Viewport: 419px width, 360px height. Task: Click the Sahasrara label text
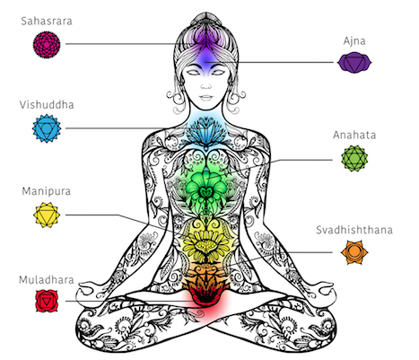click(47, 22)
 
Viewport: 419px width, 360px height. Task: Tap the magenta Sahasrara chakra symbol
click(47, 44)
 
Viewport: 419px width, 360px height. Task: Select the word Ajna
click(354, 41)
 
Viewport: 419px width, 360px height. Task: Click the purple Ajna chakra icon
click(354, 63)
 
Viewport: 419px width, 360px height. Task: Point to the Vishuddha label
click(47, 105)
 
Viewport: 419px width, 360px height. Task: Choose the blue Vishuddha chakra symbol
click(47, 128)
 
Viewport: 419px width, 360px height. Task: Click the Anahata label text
click(354, 136)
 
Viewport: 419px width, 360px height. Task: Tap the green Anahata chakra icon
click(354, 158)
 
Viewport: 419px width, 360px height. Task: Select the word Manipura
click(47, 191)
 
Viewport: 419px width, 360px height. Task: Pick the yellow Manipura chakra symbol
click(47, 215)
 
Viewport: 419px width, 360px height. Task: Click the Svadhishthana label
click(354, 230)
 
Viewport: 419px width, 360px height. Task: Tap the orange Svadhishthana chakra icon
click(354, 252)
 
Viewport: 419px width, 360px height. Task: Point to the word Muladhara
click(47, 280)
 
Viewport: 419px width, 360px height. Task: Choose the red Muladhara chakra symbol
click(47, 301)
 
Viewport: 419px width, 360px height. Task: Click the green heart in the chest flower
click(205, 192)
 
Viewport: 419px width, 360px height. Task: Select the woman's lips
click(205, 98)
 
